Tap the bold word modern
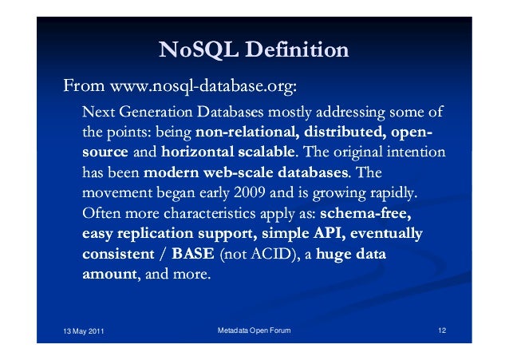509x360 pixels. (171, 172)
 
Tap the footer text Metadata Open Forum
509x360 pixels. (254, 330)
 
